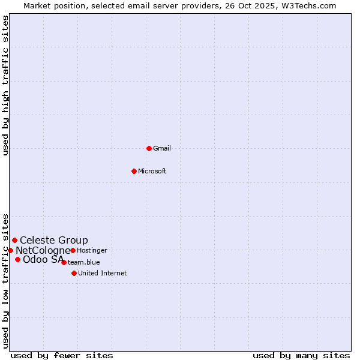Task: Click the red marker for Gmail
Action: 149,148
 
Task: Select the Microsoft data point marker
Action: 134,171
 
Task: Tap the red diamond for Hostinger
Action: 73,250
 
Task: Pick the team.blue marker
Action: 64,262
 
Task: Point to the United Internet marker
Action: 74,273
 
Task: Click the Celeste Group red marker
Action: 14,240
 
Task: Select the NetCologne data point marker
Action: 10,250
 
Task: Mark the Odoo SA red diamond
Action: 17,259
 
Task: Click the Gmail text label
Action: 162,148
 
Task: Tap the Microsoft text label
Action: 152,171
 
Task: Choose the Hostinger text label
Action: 92,250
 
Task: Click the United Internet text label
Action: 103,273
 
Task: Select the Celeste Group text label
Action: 54,241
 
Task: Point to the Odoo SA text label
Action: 43,260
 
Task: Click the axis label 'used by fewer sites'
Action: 62,355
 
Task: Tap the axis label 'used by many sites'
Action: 301,355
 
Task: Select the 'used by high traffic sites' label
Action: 6,85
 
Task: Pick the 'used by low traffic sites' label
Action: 6,280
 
